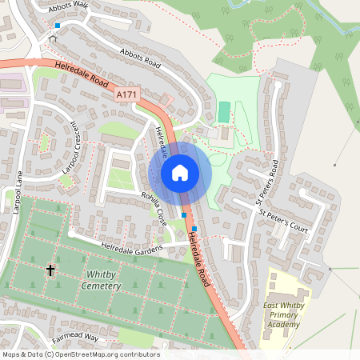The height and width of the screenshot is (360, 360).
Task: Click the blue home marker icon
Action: tap(180, 172)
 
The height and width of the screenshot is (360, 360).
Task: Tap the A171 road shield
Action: tap(125, 95)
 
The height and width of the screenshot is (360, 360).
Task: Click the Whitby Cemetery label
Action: tap(102, 280)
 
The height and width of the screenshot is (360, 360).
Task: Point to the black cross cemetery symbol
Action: tap(50, 270)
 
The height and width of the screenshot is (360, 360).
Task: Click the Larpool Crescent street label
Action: tap(71, 148)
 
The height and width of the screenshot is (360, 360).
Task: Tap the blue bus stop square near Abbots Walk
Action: tap(57, 26)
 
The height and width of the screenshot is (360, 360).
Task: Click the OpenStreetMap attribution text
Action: tap(80, 354)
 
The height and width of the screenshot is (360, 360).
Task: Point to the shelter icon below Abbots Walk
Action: tap(54, 38)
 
